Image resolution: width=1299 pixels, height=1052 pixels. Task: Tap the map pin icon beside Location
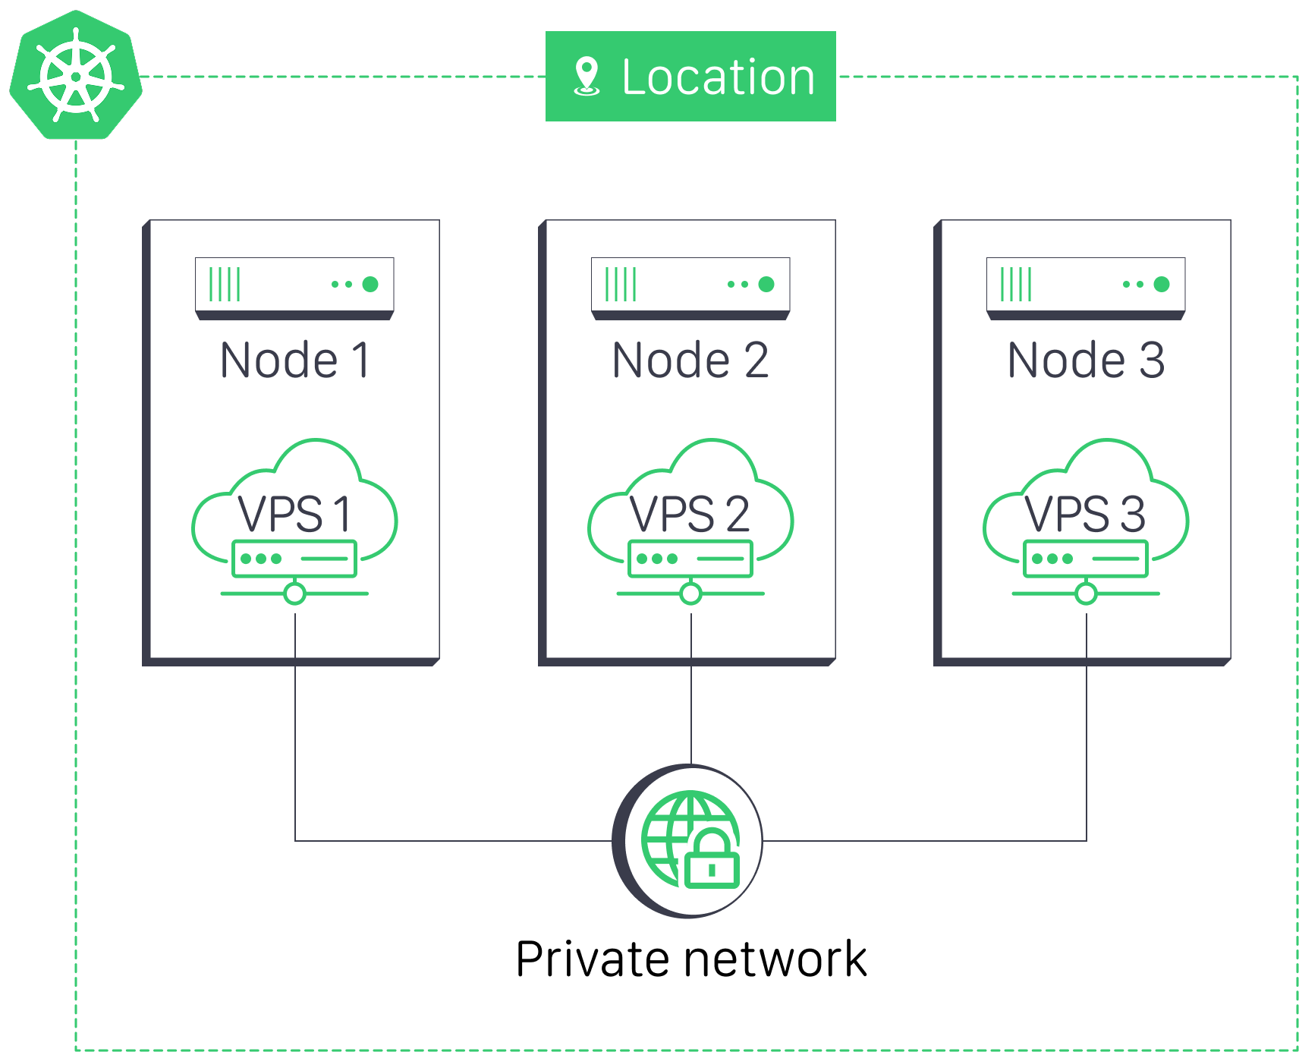[x=587, y=76]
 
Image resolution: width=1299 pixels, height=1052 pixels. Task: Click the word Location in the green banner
[x=718, y=77]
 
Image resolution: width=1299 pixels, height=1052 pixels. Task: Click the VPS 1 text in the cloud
[x=295, y=514]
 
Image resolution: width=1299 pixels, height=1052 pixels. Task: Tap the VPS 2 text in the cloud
[x=690, y=514]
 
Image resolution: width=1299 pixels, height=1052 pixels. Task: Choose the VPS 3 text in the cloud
[x=1086, y=514]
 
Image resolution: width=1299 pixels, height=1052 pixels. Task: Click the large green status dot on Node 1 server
[x=370, y=285]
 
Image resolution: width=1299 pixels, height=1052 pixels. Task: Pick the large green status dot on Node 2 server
[x=766, y=285]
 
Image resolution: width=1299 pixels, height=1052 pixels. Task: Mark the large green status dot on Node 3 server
[x=1162, y=285]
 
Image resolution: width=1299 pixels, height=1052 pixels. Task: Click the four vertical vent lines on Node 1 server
[x=225, y=285]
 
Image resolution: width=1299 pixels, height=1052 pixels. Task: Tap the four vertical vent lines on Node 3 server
[x=1016, y=285]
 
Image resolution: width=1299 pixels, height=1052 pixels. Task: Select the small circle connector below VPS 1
[x=295, y=594]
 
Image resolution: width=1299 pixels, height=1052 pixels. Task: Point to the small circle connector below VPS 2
[x=690, y=594]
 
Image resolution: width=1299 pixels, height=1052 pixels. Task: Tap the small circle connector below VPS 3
[x=1086, y=594]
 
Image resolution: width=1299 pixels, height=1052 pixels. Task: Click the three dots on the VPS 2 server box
[x=657, y=559]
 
